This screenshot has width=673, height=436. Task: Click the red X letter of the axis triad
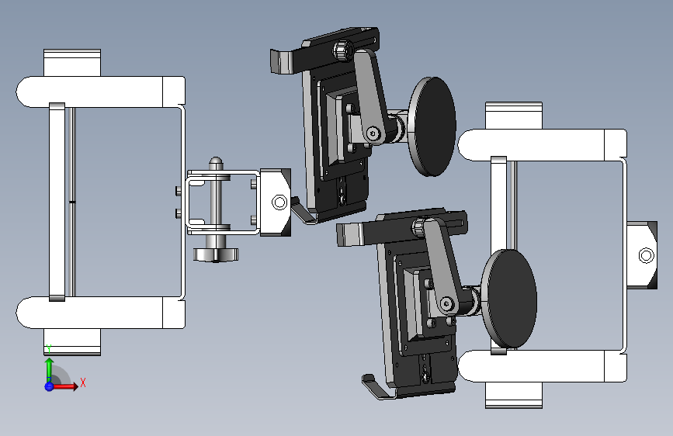coord(83,382)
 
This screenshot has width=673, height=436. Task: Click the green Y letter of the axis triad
coord(49,348)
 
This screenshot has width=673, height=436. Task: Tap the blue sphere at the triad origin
coord(49,386)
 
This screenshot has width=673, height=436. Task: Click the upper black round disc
coord(432,126)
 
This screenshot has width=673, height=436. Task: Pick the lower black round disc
coord(509,299)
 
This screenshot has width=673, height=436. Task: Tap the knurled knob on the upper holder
coord(342,50)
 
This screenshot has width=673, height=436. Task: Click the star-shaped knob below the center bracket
coord(216,254)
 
